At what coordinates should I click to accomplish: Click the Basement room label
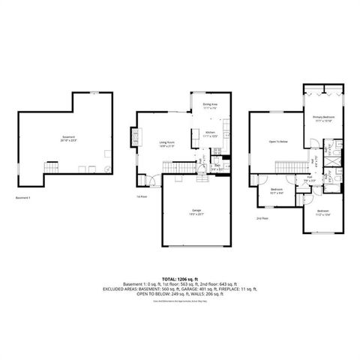coord(69,139)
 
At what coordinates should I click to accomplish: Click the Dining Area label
coord(211,106)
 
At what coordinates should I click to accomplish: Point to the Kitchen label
coord(211,135)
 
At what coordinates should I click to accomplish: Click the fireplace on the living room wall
coord(135,138)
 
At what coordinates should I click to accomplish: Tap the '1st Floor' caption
coord(141,197)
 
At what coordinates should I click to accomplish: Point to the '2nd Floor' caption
coord(262,218)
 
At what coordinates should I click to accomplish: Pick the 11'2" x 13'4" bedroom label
coord(323,212)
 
